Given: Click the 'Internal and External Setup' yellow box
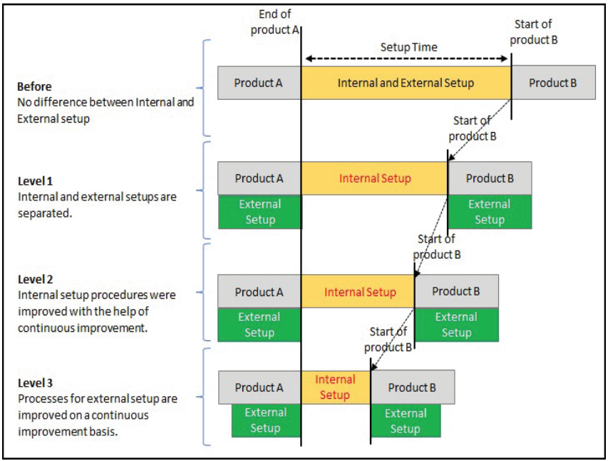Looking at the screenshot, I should pos(406,83).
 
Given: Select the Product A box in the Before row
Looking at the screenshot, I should pos(259,83).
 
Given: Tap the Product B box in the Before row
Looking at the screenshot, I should pos(553,83).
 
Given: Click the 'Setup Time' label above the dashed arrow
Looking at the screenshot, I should pos(408,47).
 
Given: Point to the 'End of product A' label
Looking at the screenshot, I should pos(274,22).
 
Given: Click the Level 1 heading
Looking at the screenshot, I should pos(36,181).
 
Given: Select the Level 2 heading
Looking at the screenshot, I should pos(36,280).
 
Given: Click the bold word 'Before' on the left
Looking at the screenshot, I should pos(34,86).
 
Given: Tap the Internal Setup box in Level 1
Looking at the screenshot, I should pos(374,178).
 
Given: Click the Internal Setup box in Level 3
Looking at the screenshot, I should pos(335,387).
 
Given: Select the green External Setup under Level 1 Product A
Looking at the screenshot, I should pos(259,212).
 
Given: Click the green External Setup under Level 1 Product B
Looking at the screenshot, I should pos(489,212).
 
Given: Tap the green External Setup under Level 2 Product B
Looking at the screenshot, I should pos(456,325).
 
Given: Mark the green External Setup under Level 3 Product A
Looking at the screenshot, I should pos(264,420).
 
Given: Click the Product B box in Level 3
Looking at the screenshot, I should pos(412,387).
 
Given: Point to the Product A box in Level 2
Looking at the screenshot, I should pos(259,292).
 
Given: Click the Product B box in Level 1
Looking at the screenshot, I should pos(489,178).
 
